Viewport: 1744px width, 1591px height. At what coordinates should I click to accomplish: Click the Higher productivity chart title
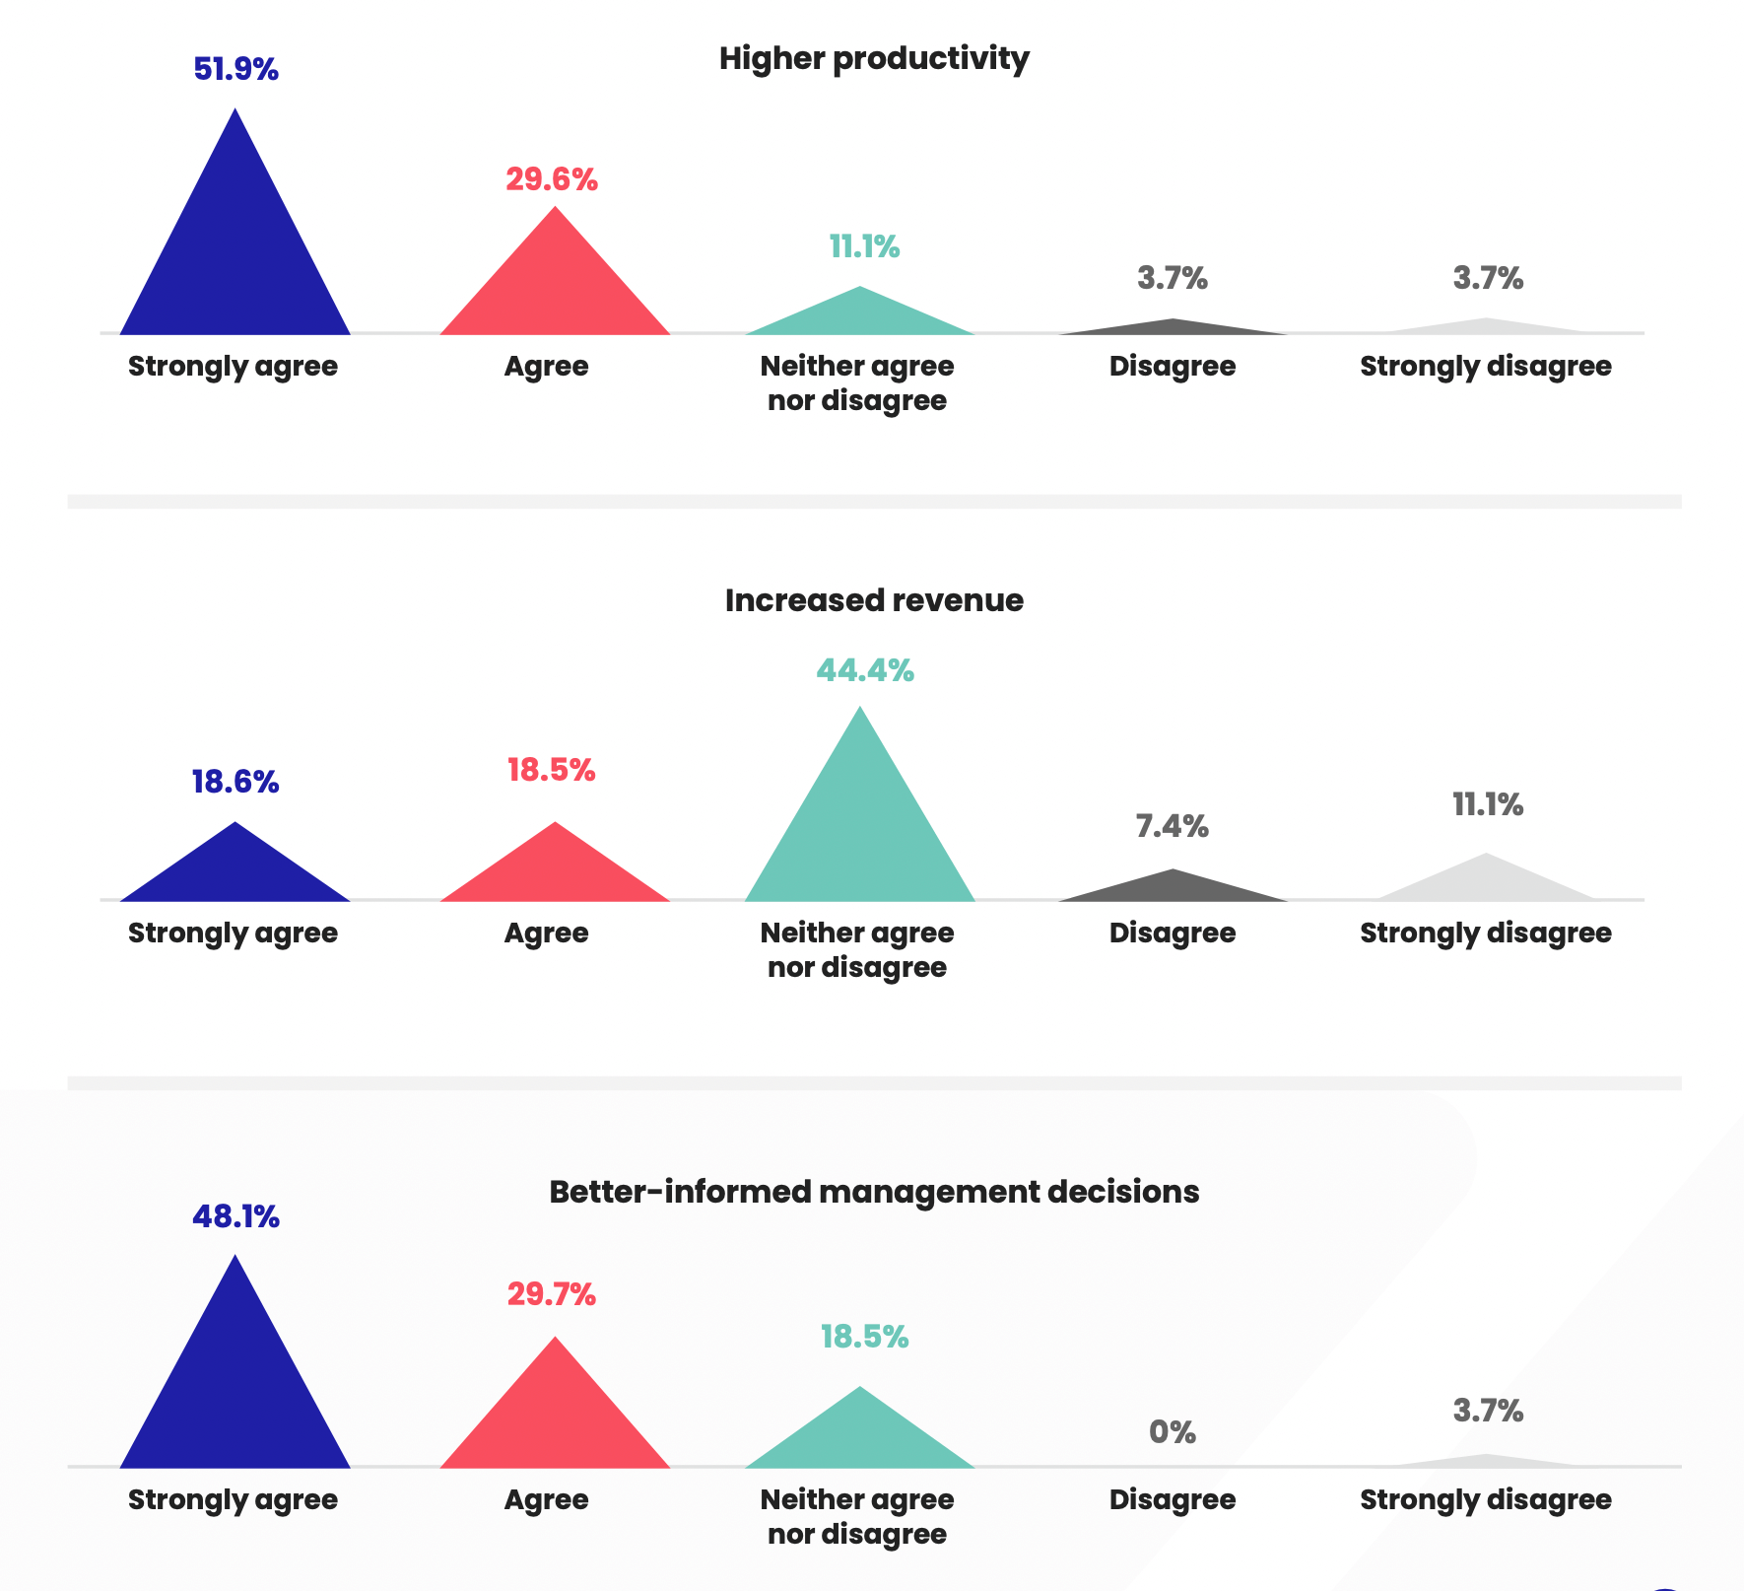point(874,58)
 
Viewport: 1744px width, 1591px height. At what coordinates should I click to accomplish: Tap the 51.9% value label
point(235,70)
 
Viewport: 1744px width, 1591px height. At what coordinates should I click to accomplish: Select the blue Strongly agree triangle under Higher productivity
point(235,256)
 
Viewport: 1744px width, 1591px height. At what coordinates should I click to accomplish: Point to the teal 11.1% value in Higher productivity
point(864,246)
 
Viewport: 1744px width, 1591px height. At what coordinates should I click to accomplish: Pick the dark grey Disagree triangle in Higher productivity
point(1173,328)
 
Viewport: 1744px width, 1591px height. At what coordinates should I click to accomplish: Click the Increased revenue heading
point(874,600)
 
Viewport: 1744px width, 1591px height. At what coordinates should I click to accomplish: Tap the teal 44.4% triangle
point(860,828)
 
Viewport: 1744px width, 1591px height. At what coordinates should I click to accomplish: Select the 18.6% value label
point(235,783)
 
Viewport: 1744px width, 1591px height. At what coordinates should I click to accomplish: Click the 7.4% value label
point(1173,826)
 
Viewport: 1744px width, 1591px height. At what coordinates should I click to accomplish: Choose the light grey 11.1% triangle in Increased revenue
point(1486,882)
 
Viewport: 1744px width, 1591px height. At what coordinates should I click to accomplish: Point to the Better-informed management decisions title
point(874,1192)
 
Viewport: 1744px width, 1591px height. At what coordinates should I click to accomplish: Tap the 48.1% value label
point(235,1217)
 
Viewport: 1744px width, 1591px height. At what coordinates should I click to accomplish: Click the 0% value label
point(1173,1432)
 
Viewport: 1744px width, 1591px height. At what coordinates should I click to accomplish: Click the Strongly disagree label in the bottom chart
point(1486,1500)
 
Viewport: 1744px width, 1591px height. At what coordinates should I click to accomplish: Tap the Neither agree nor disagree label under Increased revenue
point(857,950)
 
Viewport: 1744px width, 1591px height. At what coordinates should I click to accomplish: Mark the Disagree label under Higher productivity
point(1173,367)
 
